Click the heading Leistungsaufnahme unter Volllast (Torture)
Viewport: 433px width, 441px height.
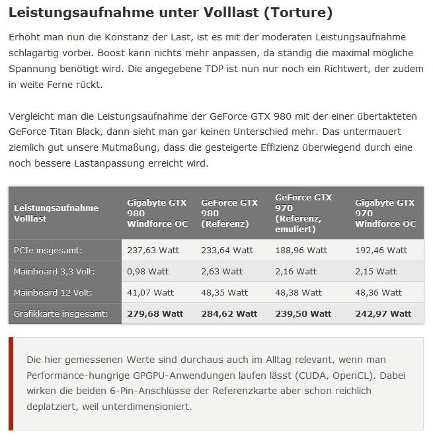tap(171, 13)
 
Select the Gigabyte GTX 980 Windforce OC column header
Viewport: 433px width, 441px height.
tap(157, 213)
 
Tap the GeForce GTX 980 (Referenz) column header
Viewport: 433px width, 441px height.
tap(229, 213)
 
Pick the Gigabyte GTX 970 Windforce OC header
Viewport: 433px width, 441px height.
tap(385, 213)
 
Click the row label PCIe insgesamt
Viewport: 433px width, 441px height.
tap(48, 251)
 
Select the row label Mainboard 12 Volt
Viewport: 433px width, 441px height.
tap(53, 292)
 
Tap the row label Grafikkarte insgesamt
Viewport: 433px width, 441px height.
tap(60, 313)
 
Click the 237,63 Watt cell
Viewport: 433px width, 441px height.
tap(153, 251)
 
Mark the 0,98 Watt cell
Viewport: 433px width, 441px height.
tap(147, 271)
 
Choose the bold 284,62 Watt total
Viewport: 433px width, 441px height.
tap(229, 313)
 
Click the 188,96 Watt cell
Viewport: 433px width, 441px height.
tap(301, 251)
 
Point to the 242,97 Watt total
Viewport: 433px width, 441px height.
tap(383, 313)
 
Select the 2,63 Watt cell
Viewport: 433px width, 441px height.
tap(221, 271)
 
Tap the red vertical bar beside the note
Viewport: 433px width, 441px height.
tap(11, 383)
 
